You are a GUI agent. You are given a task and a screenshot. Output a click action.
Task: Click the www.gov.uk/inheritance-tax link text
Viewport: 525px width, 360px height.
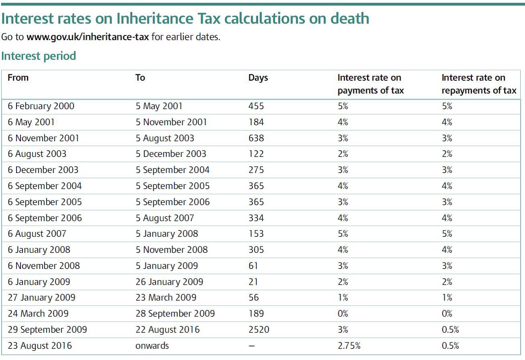click(x=87, y=37)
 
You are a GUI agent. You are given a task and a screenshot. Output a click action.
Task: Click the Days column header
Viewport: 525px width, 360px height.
click(x=258, y=78)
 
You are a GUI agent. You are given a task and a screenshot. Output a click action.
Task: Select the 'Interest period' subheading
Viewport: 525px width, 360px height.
click(x=39, y=56)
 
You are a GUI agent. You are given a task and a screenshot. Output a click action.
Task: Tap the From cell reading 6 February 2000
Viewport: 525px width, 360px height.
click(x=41, y=106)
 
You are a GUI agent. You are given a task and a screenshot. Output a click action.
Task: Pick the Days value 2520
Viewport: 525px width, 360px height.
click(x=258, y=330)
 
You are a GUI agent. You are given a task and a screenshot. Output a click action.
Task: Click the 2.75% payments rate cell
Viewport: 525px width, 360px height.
click(x=349, y=346)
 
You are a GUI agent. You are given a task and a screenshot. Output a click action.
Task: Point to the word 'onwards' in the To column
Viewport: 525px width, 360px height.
click(x=152, y=346)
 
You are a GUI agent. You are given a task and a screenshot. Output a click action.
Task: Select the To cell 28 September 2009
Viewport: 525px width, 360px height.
click(x=175, y=314)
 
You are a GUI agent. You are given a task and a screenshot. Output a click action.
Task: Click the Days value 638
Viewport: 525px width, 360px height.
click(x=256, y=138)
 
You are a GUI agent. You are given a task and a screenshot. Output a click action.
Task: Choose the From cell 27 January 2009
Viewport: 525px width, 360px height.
click(x=41, y=298)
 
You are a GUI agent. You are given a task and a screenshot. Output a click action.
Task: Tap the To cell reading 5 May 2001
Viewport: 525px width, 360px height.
click(x=159, y=106)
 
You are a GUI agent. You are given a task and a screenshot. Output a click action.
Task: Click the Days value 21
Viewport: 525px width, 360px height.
click(x=253, y=282)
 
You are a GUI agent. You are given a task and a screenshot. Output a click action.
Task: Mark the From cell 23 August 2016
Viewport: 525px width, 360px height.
click(x=40, y=346)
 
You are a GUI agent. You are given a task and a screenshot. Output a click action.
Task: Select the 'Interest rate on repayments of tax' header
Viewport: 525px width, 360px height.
click(x=479, y=84)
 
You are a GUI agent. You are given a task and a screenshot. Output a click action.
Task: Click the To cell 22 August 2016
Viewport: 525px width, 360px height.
click(x=167, y=330)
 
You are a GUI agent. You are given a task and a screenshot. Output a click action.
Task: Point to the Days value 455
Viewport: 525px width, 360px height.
click(x=256, y=106)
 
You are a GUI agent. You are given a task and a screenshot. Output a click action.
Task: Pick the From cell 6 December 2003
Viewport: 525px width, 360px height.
click(x=43, y=170)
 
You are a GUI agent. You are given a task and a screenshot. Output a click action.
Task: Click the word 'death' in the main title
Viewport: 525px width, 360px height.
click(x=350, y=18)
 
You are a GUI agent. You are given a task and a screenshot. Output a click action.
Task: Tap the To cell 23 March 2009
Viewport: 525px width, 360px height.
click(x=166, y=298)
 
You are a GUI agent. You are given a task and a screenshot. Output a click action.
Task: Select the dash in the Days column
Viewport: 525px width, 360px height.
click(x=252, y=346)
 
